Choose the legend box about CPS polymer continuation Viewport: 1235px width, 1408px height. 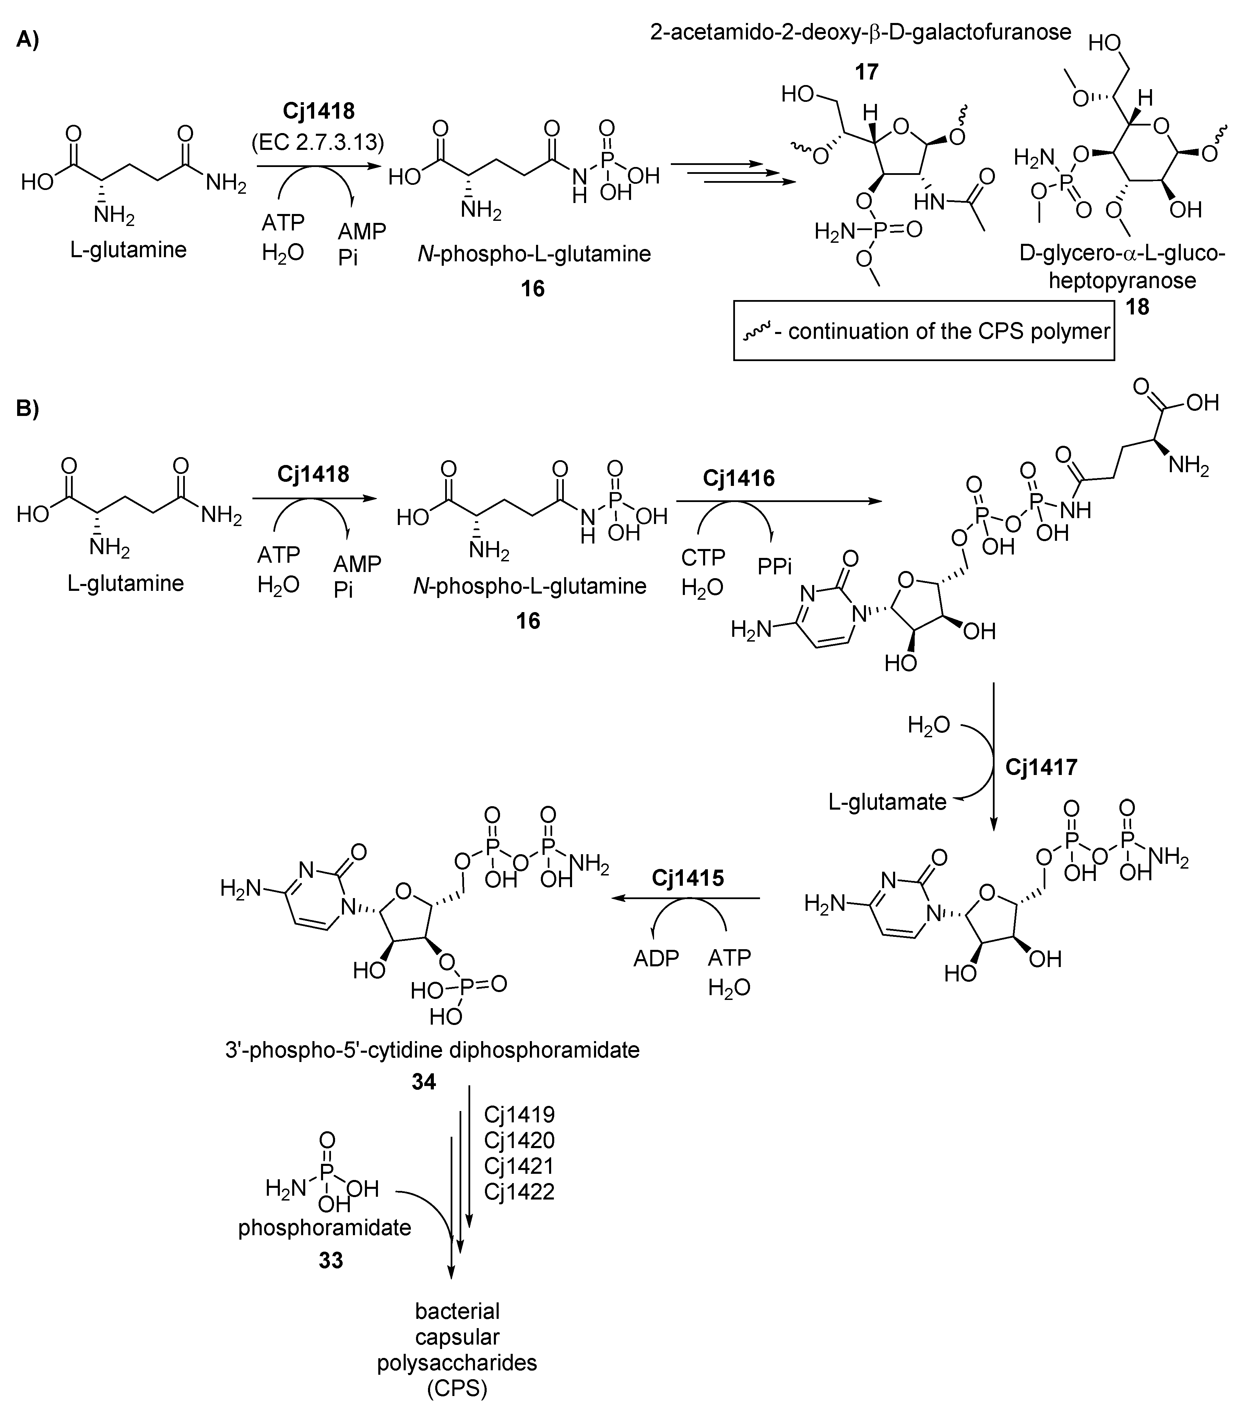point(924,331)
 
